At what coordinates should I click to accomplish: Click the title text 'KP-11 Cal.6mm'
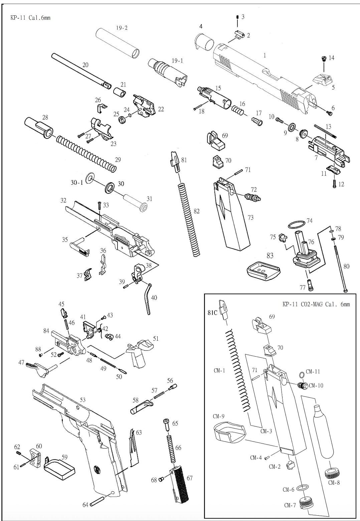point(30,18)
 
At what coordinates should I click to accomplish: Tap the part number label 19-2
point(122,28)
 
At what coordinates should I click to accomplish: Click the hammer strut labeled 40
point(147,299)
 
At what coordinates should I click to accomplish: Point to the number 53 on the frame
point(82,400)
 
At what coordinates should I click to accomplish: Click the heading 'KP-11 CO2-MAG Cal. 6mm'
point(316,304)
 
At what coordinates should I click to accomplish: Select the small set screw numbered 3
point(237,17)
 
